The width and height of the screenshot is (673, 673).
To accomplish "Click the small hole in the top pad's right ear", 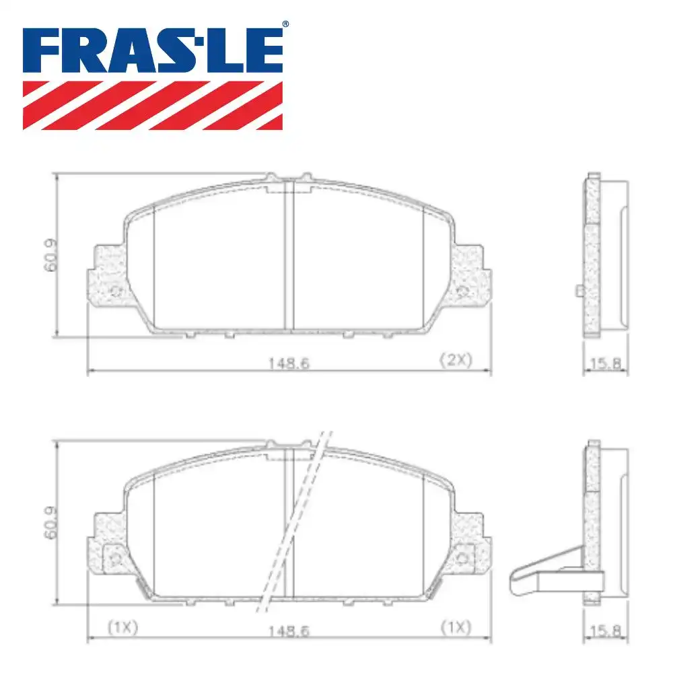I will point(462,291).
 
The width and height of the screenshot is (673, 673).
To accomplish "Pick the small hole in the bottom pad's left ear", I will point(114,559).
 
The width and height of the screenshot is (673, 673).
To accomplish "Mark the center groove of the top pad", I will point(289,256).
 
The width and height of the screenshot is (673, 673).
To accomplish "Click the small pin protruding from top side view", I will point(579,290).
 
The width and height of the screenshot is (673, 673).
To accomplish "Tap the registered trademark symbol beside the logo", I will point(285,24).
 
